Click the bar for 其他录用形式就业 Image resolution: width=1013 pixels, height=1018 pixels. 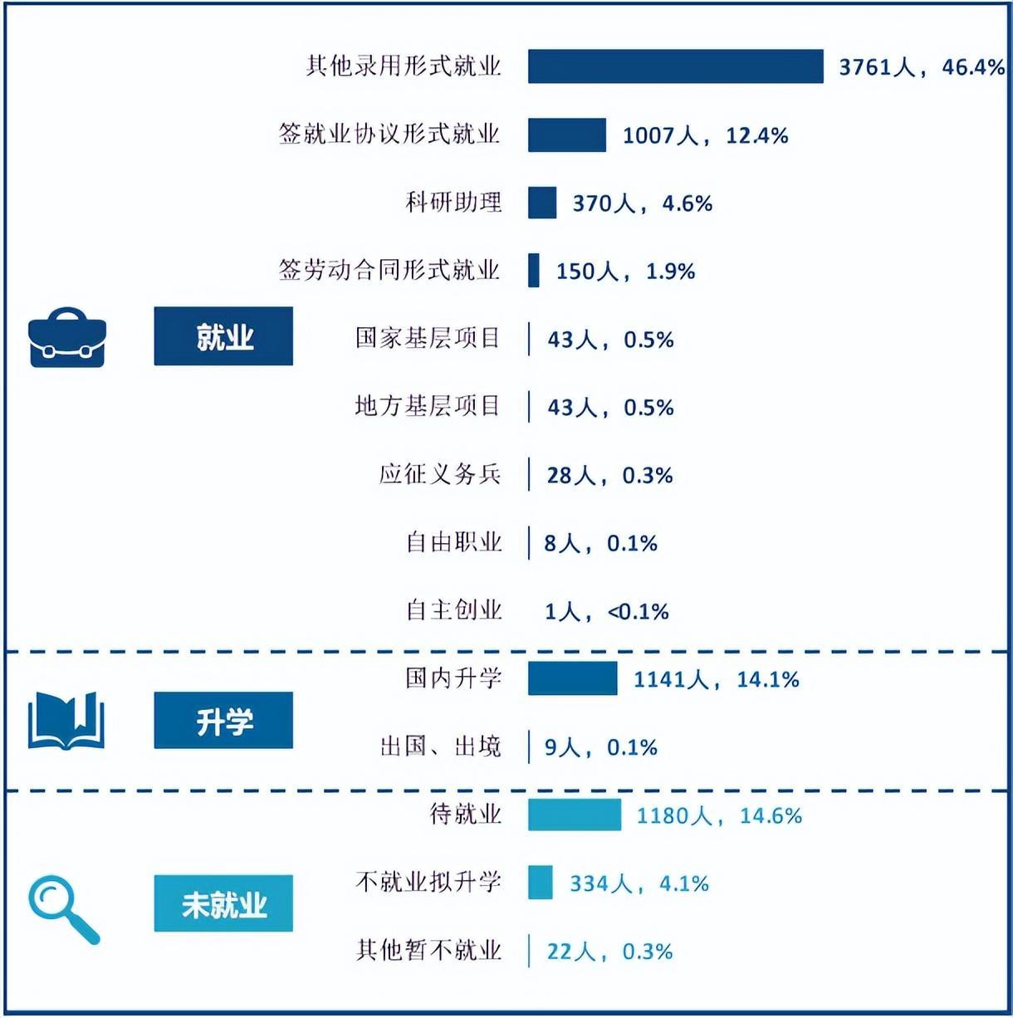click(x=675, y=66)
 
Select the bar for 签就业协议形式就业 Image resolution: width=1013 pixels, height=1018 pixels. click(x=567, y=135)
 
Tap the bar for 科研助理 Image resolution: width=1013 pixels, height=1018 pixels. click(x=542, y=203)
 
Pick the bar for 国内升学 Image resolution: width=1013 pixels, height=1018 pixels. click(x=573, y=678)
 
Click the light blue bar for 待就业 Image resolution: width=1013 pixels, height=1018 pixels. click(x=575, y=815)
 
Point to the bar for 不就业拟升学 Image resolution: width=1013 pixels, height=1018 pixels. click(x=541, y=882)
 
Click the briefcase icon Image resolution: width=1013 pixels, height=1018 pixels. click(x=66, y=337)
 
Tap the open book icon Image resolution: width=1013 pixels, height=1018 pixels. click(x=66, y=721)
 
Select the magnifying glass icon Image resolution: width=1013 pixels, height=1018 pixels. click(x=63, y=910)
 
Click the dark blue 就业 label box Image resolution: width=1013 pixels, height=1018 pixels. click(x=223, y=336)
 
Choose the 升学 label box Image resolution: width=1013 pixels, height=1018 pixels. click(x=223, y=721)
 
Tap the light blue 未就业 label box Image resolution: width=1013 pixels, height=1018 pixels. click(x=223, y=903)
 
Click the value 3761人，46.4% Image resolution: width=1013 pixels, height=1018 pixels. click(x=922, y=67)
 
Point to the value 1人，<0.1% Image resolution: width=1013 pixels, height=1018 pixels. click(x=606, y=612)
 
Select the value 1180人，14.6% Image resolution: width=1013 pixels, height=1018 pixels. click(x=719, y=815)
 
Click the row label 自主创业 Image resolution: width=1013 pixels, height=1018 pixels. click(x=454, y=610)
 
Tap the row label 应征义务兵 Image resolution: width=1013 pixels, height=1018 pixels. click(x=440, y=474)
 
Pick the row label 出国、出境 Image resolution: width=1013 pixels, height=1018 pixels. click(x=441, y=746)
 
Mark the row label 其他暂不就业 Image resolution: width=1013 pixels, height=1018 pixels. click(x=428, y=950)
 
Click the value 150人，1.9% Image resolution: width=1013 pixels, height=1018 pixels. click(x=625, y=272)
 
